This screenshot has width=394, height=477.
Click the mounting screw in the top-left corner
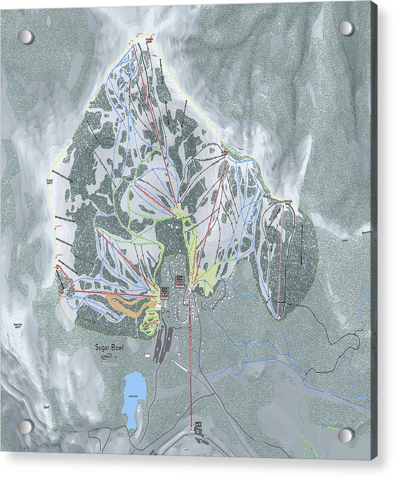[25, 36]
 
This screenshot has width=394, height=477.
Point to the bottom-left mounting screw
[25, 426]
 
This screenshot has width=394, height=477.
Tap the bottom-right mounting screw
[345, 434]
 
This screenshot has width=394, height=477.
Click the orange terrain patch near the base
[124, 304]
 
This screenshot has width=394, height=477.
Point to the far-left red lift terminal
[60, 290]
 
